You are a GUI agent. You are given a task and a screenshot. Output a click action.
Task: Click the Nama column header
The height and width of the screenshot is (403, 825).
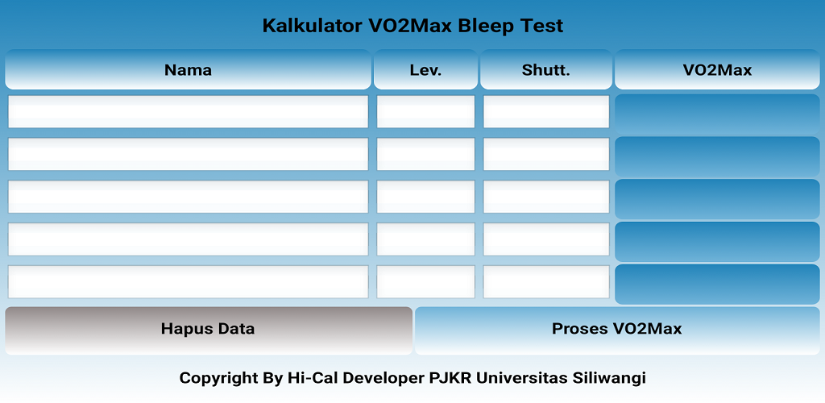188,69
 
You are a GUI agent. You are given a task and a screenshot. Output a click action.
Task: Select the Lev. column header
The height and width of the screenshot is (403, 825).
425,69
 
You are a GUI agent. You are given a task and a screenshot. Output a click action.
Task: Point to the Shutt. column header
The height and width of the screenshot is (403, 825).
546,69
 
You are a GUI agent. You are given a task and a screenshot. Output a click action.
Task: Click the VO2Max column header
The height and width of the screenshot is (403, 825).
717,69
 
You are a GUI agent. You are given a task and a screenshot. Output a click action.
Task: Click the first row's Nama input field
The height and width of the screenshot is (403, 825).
188,111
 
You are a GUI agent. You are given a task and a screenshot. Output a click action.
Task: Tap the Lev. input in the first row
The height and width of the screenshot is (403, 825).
425,111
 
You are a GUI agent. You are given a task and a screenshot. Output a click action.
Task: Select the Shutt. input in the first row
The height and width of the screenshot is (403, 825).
546,111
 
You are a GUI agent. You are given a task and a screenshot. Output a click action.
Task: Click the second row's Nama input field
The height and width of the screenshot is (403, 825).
188,154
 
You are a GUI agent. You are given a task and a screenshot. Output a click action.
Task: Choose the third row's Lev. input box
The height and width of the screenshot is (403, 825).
425,197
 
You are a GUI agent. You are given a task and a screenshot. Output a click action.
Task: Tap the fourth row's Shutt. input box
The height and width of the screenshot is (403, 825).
546,239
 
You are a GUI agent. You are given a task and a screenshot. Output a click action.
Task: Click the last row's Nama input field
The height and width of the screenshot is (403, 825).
188,282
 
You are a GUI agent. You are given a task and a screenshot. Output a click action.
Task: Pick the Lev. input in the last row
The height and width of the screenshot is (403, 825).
425,282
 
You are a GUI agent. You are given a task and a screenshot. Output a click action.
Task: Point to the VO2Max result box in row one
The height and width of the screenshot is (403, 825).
717,114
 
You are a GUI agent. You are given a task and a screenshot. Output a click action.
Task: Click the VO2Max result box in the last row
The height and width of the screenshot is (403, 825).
717,284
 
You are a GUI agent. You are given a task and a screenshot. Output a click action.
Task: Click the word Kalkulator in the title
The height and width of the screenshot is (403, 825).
313,26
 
